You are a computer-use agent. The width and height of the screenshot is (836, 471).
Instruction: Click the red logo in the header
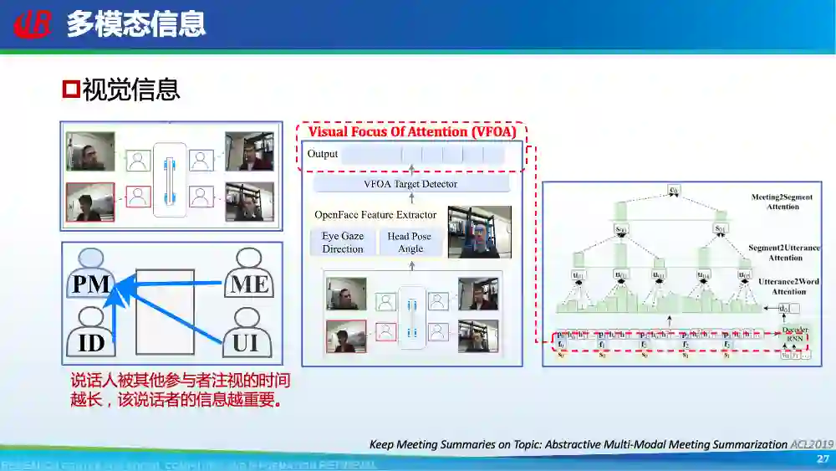point(33,23)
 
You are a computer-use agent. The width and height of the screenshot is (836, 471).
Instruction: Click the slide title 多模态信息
point(135,23)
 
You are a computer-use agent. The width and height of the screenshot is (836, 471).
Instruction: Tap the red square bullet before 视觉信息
point(71,88)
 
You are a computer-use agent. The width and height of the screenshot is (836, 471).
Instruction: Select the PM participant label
point(91,284)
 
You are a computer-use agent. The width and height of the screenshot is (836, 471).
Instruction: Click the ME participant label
point(249,284)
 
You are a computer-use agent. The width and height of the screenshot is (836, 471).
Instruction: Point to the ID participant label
point(91,344)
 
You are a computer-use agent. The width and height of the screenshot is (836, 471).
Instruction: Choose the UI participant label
point(246,343)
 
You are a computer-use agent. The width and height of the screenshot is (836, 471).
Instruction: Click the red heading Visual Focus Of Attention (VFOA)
point(412,132)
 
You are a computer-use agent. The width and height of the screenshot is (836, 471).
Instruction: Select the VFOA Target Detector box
point(410,184)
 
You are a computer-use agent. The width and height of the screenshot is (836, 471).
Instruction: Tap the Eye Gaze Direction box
point(343,243)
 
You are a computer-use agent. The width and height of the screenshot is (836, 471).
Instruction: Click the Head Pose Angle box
point(410,243)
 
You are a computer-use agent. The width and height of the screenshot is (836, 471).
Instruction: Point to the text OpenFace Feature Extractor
point(375,215)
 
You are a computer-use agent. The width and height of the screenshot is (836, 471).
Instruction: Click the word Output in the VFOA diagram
point(323,154)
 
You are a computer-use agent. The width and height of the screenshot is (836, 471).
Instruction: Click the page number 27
point(822,459)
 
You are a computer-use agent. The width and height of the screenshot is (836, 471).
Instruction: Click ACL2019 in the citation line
point(812,444)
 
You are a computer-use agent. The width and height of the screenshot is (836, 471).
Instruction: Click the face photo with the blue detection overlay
point(479,233)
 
